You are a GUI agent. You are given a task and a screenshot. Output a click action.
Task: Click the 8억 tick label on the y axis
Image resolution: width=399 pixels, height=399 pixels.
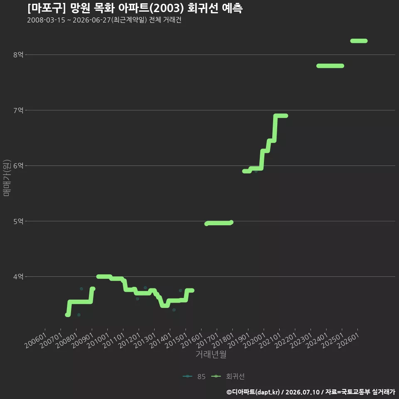pos(18,55)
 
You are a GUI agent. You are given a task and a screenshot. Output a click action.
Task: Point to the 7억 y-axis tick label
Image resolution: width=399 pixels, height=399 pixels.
pos(18,110)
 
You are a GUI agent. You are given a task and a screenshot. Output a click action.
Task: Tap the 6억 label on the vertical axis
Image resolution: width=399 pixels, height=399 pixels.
pos(18,166)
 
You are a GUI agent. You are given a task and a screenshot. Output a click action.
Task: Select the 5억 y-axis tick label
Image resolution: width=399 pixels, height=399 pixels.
pos(18,222)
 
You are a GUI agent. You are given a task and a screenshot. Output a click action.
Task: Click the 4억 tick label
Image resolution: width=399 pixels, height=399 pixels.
pos(18,277)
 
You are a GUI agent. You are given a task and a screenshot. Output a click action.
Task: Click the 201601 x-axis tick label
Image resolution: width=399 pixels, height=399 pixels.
pos(192,340)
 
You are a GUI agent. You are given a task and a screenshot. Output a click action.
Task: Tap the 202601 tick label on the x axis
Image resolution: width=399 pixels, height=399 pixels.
pos(348,340)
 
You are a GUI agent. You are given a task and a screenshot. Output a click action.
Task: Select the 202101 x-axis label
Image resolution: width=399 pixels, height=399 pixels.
pos(270,340)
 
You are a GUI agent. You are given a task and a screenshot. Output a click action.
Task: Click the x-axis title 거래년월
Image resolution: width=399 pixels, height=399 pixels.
pos(211,354)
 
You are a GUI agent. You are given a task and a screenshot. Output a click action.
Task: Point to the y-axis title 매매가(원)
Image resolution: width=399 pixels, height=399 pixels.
pos(7,178)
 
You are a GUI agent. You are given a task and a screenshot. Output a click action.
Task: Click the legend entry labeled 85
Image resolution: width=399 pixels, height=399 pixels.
pos(194,377)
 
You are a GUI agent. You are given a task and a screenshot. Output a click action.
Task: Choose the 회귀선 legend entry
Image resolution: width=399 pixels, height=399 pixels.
pos(228,377)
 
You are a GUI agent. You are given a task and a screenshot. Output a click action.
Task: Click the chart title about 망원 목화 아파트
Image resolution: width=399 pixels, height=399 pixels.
pos(135,8)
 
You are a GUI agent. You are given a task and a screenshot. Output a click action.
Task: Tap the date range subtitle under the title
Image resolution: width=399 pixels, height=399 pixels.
pos(104,20)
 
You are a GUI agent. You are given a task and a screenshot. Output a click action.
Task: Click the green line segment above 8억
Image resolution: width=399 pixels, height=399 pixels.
pos(359,41)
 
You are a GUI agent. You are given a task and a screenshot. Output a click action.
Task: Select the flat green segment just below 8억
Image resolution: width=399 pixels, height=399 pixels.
pos(330,66)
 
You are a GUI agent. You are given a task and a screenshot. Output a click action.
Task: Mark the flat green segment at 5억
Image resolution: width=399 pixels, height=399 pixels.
pos(219,223)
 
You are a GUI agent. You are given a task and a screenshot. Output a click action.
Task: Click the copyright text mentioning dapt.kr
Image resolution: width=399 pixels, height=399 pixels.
pos(311,392)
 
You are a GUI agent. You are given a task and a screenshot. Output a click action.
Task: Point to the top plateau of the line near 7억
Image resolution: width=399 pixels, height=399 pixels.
pos(281,116)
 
